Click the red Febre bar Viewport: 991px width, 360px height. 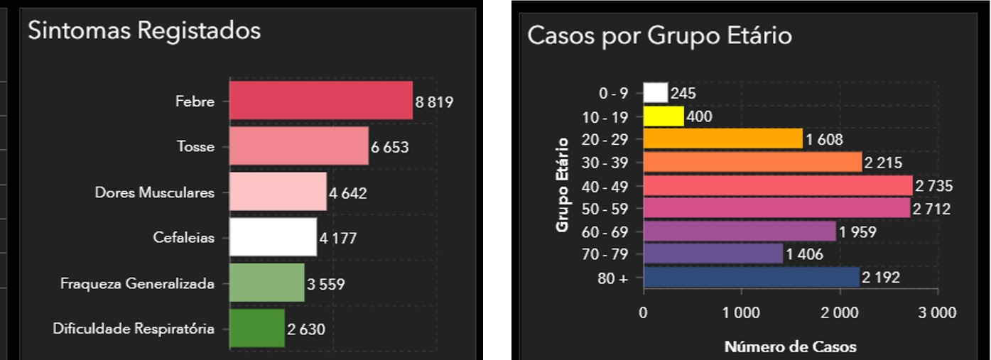(x=320, y=101)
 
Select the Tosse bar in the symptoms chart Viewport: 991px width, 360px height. (x=298, y=146)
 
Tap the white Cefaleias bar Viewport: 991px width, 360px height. (x=272, y=237)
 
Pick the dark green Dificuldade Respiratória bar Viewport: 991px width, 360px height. (x=256, y=328)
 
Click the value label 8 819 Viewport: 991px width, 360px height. (x=434, y=102)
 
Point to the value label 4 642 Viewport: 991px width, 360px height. (x=347, y=193)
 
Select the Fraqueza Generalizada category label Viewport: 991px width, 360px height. (x=137, y=284)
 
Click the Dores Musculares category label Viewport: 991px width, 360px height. (x=154, y=193)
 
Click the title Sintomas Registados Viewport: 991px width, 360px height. (x=144, y=31)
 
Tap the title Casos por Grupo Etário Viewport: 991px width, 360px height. (x=659, y=36)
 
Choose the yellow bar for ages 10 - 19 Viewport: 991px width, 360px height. (x=664, y=116)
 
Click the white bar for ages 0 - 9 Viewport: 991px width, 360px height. (x=656, y=93)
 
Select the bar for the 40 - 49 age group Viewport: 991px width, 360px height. (x=777, y=186)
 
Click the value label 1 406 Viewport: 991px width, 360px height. (x=805, y=254)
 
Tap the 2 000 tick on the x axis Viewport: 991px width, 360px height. (x=840, y=312)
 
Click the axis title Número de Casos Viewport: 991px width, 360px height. (x=790, y=347)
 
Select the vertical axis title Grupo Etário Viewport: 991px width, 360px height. (x=563, y=185)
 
